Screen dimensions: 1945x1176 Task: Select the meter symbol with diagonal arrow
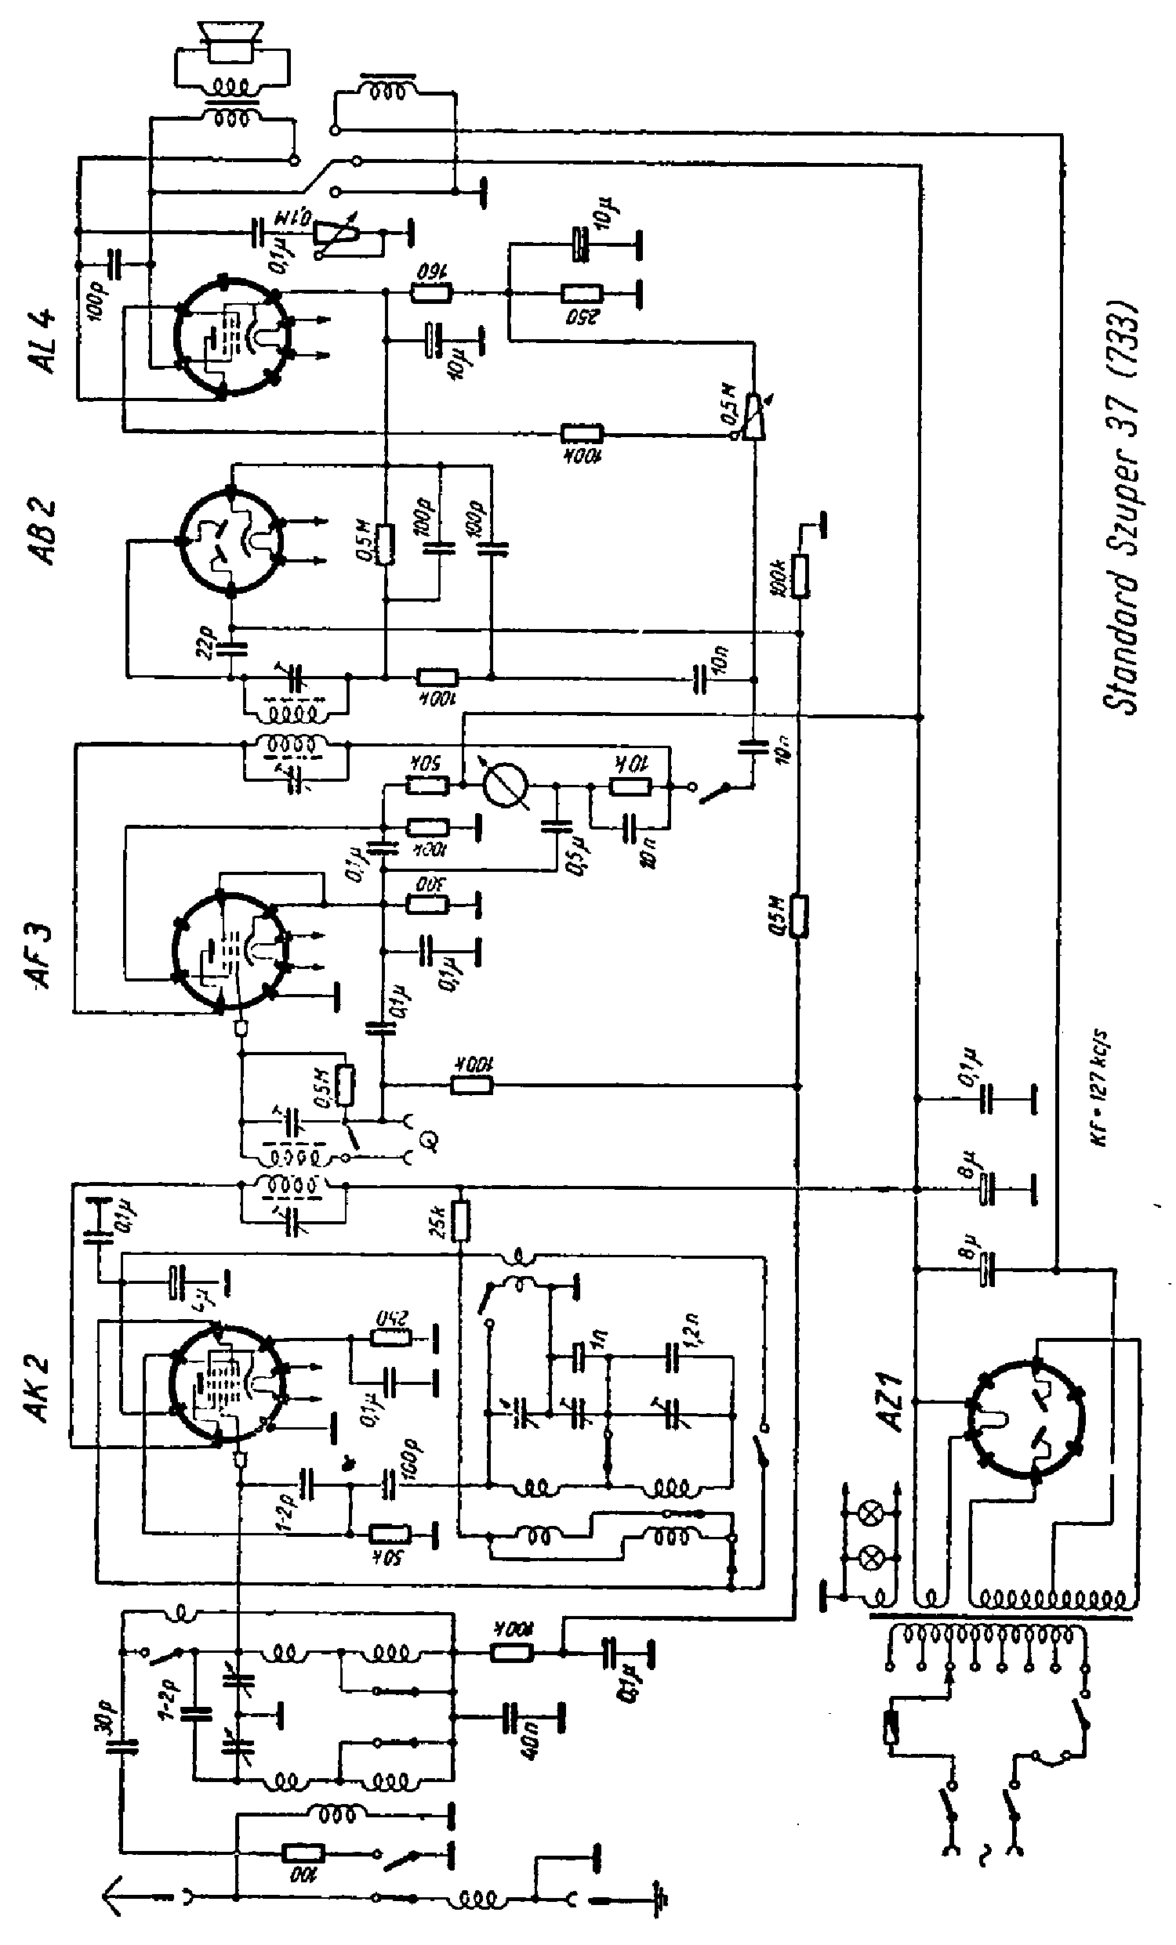coord(506,785)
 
